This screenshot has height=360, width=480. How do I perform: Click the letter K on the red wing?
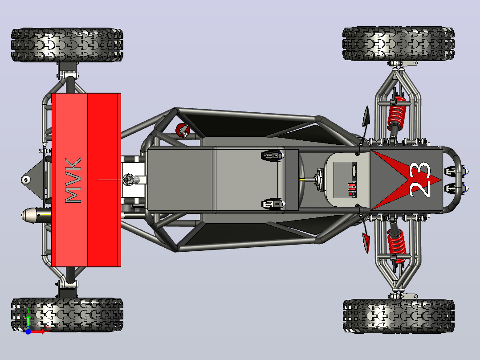(73, 164)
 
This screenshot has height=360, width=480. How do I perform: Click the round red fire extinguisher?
(183, 130)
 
